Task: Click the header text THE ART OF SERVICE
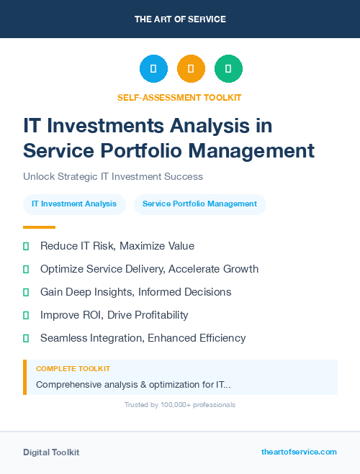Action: (180, 19)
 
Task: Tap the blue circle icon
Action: (153, 69)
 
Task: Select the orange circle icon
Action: (191, 69)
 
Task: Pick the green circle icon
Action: (228, 69)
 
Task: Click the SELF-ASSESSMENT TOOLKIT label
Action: (179, 97)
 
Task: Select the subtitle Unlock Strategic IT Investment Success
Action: (113, 176)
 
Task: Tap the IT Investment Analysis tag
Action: (74, 204)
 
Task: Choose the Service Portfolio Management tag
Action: (199, 204)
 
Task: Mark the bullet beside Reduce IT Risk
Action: (26, 246)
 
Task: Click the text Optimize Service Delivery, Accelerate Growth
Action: (149, 269)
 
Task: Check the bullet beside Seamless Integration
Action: (26, 338)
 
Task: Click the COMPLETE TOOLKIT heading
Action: (73, 369)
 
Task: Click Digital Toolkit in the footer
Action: (51, 452)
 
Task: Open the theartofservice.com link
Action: (299, 452)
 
